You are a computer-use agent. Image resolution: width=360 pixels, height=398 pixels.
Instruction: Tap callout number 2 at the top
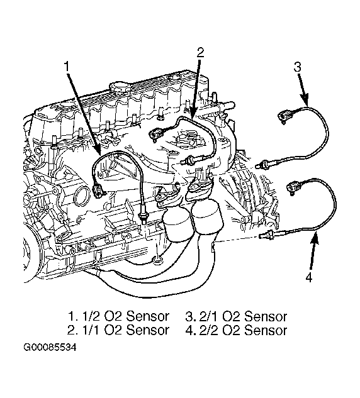(200, 53)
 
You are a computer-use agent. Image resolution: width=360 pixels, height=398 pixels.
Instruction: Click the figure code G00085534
(50, 347)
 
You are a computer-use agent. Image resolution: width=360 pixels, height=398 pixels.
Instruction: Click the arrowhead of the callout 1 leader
(99, 154)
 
